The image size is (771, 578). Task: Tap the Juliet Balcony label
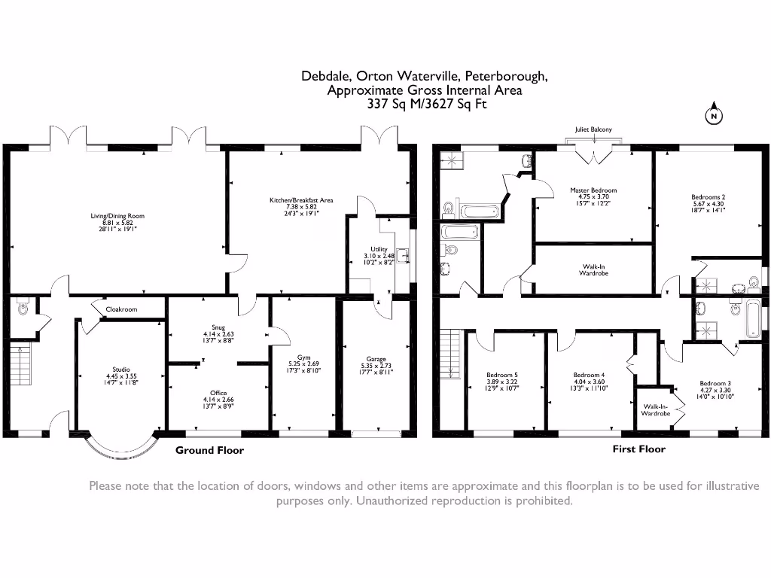(593, 129)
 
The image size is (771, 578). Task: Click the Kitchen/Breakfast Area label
(301, 200)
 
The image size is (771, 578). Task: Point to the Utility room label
(379, 249)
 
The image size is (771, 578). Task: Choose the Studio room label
(116, 370)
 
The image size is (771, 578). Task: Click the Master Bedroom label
(593, 190)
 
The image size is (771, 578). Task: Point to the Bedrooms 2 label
(708, 198)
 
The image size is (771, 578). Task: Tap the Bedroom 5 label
(501, 375)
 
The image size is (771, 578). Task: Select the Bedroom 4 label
(589, 375)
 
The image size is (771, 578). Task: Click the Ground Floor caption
(209, 450)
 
